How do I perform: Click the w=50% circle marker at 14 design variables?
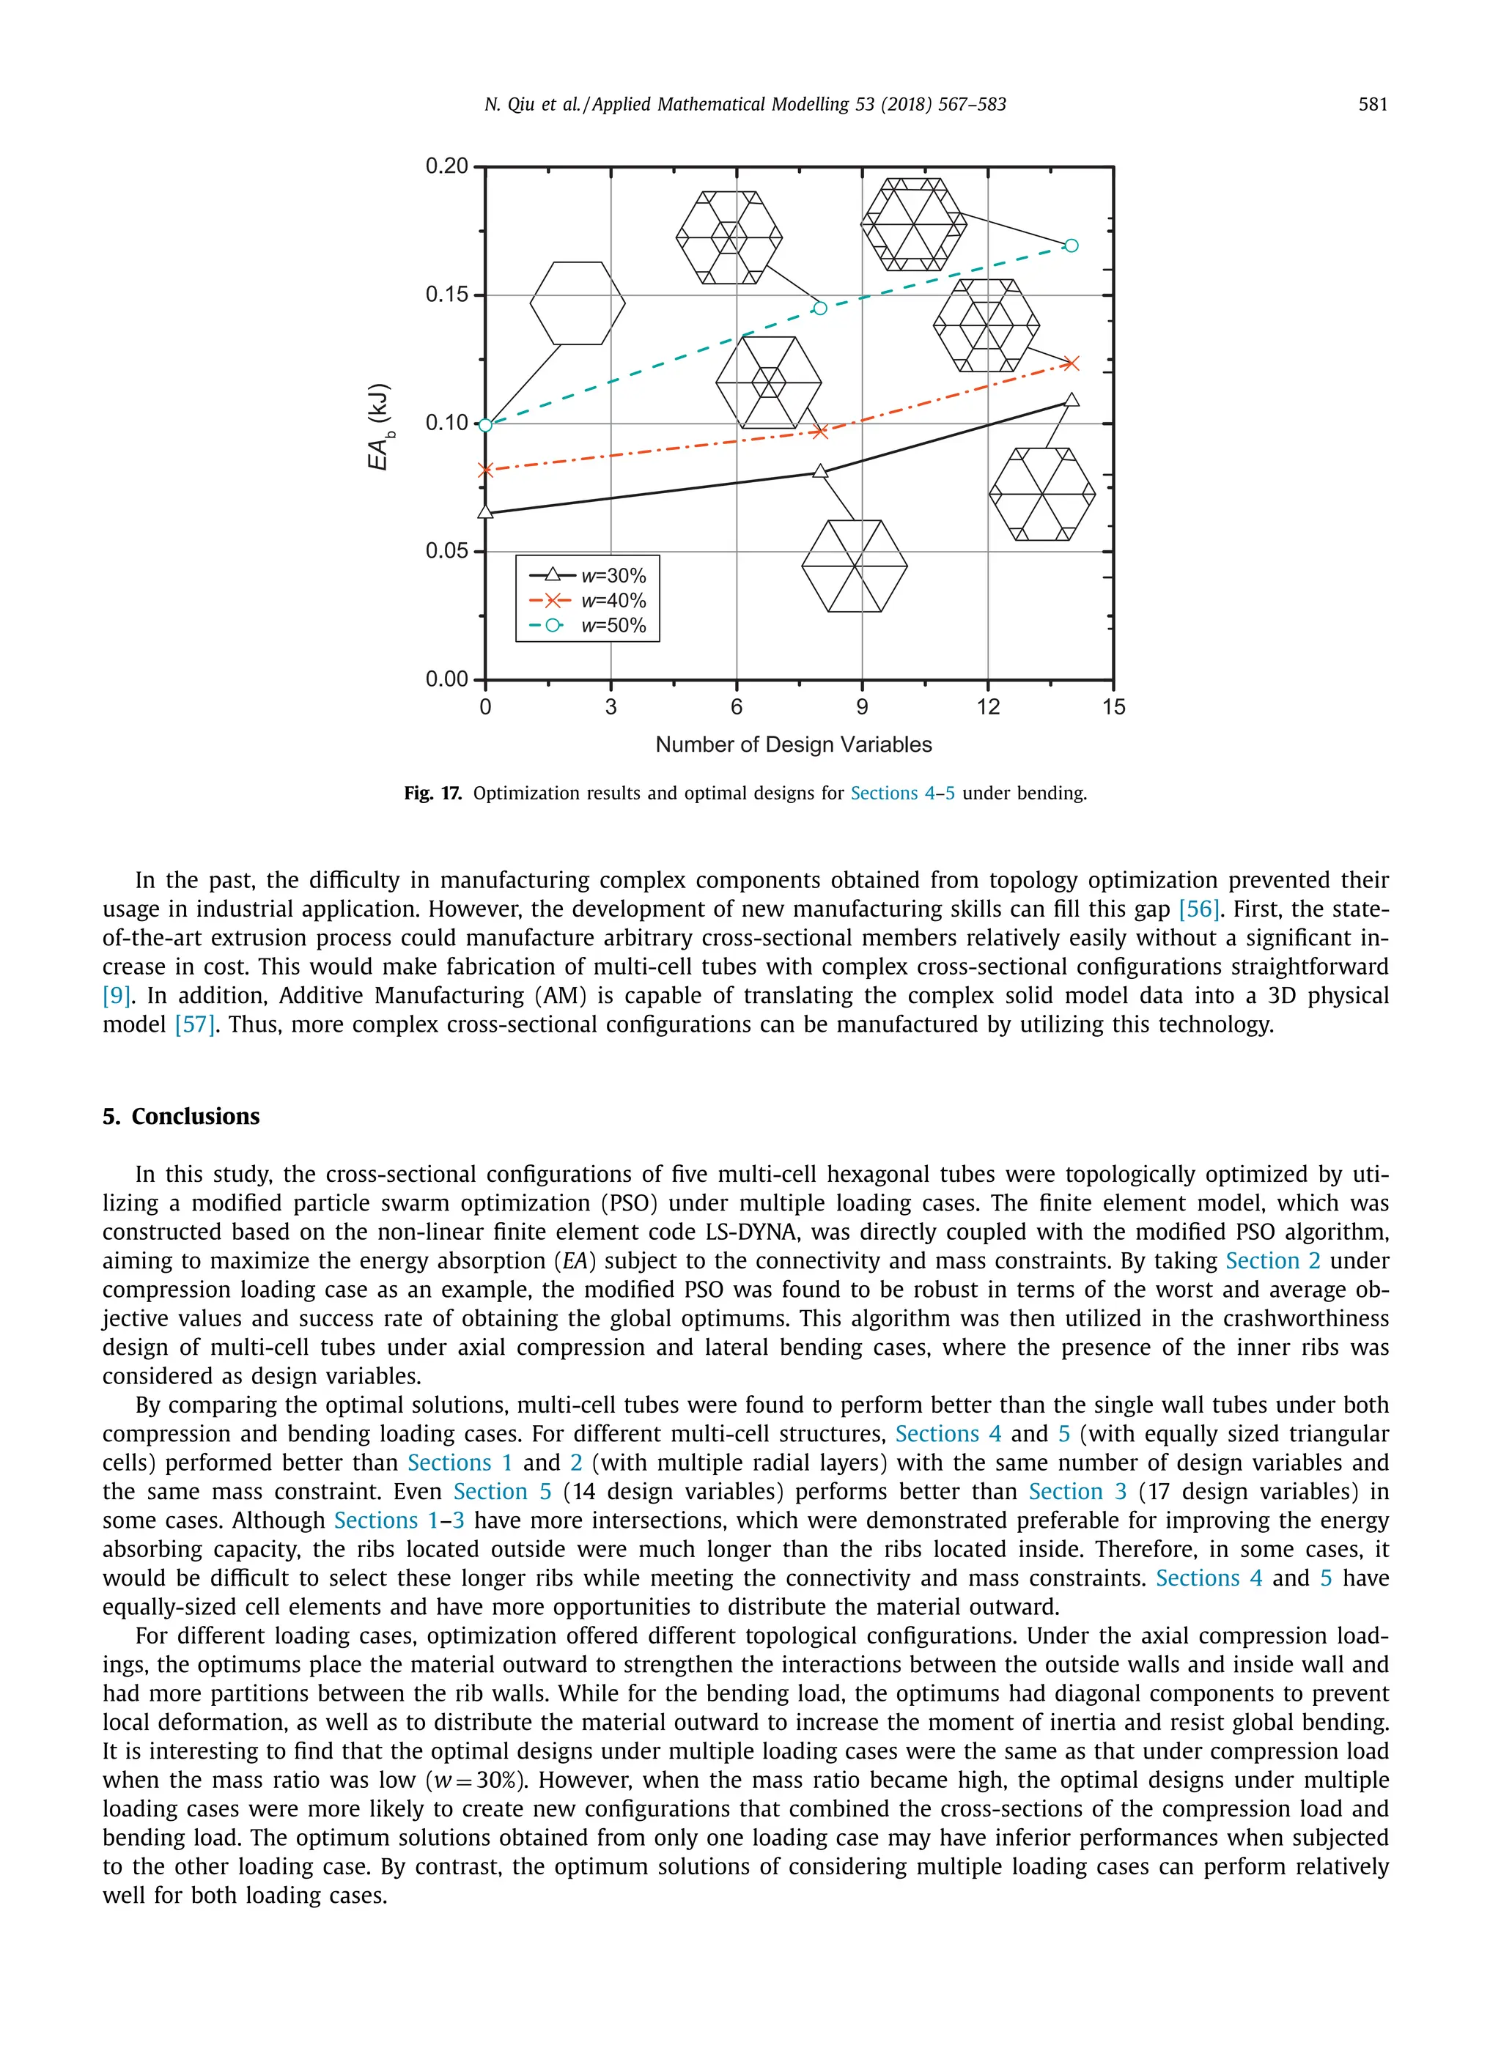[1072, 245]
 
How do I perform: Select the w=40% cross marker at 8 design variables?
[820, 432]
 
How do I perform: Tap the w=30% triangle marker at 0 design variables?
[485, 512]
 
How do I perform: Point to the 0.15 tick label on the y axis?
[446, 295]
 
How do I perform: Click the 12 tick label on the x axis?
[988, 706]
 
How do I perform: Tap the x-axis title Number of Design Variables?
[793, 744]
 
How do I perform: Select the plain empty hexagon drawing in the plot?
[577, 303]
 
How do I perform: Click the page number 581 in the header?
[1372, 105]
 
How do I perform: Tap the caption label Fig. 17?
[432, 793]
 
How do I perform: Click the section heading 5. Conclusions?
[181, 1116]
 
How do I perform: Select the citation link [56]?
[1198, 909]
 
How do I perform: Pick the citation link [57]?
[194, 1024]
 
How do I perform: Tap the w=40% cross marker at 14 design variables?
[1072, 363]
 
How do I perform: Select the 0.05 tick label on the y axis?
[446, 551]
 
